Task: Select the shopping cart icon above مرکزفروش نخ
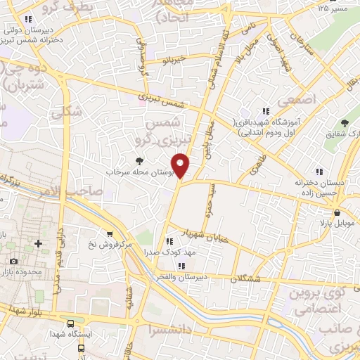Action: [109, 234]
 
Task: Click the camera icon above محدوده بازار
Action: [13, 262]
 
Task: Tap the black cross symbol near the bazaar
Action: [38, 244]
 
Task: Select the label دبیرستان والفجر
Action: [181, 276]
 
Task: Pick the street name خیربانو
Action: [172, 59]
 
